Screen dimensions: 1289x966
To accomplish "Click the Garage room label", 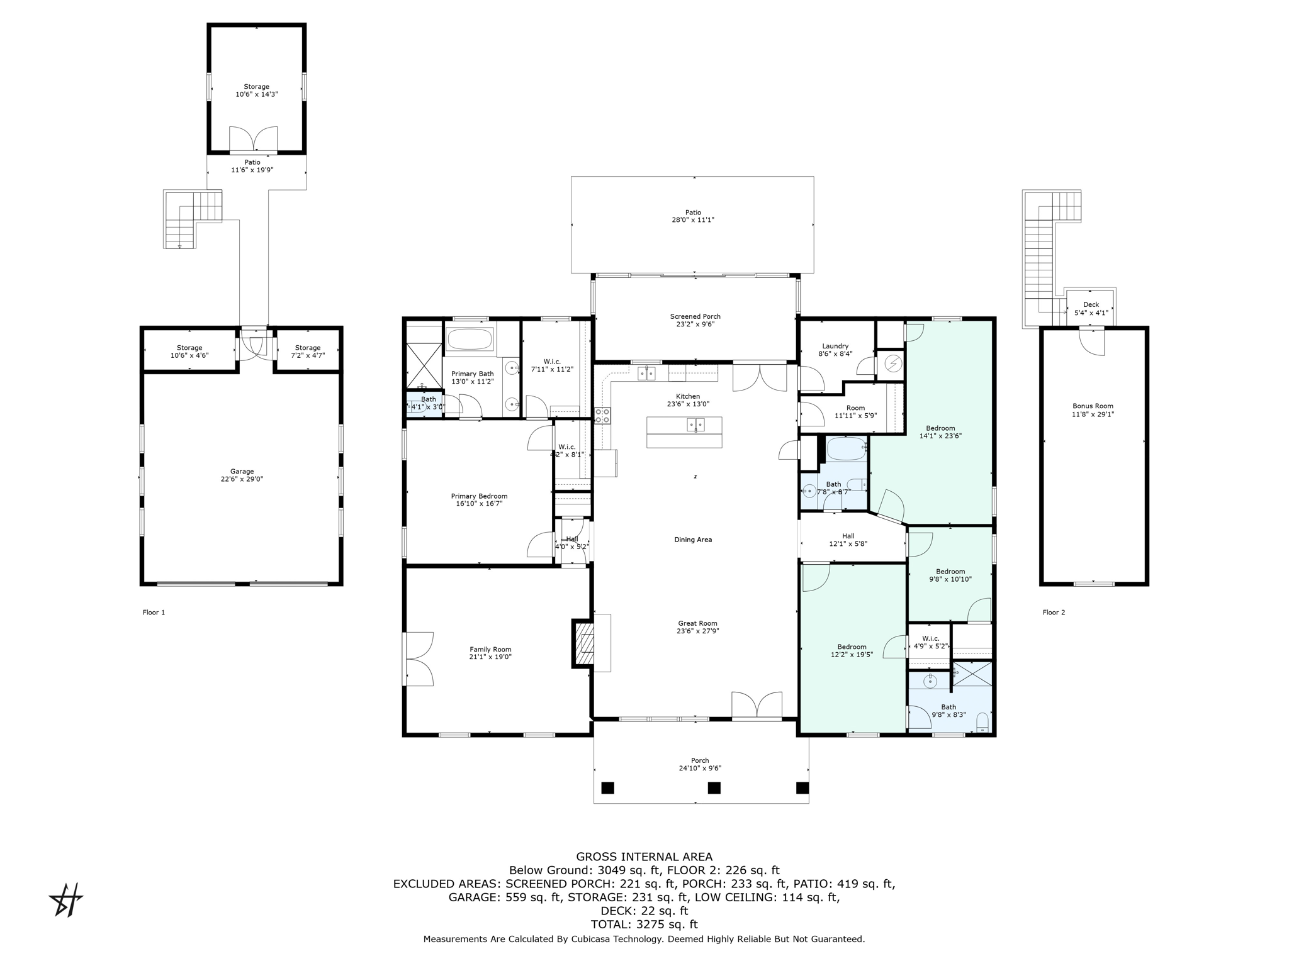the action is (x=242, y=475).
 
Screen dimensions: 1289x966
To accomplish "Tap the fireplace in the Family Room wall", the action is (x=583, y=643).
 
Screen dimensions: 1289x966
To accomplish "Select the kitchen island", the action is (x=684, y=432).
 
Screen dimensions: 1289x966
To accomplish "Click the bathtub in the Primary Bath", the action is (x=470, y=340).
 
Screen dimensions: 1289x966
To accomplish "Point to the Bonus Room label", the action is (x=1093, y=410).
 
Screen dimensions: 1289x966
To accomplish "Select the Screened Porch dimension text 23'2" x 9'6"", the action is (x=695, y=325).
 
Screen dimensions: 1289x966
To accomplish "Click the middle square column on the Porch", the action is (x=714, y=787).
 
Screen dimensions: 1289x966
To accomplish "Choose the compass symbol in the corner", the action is (x=66, y=900).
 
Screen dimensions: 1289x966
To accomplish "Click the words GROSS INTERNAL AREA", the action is (x=644, y=857).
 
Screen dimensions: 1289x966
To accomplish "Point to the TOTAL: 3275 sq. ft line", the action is (x=644, y=924).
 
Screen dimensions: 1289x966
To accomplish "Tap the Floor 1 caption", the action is (x=154, y=612).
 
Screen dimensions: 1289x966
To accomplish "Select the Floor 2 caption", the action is (x=1054, y=612).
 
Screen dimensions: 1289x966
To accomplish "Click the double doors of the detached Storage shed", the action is (x=253, y=139).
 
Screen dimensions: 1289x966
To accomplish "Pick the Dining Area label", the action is (x=693, y=540).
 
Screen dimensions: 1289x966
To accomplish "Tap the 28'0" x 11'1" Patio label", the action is (x=693, y=216).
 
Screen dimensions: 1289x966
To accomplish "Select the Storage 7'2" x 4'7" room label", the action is (x=308, y=352).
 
